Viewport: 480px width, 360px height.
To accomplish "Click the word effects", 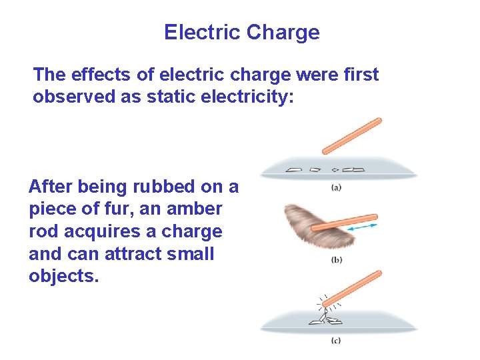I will point(98,74).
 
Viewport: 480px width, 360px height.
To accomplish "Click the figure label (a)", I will point(337,187).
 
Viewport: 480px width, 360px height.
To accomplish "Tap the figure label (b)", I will point(337,260).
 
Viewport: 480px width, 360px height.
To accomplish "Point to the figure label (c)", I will point(337,341).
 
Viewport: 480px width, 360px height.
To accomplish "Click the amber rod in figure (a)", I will point(351,136).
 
